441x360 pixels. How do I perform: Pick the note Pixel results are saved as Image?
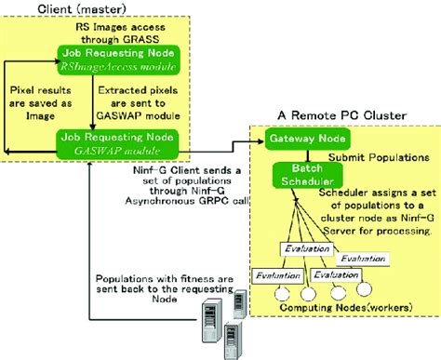(46, 102)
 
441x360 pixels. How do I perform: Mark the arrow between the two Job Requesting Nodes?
(87, 102)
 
